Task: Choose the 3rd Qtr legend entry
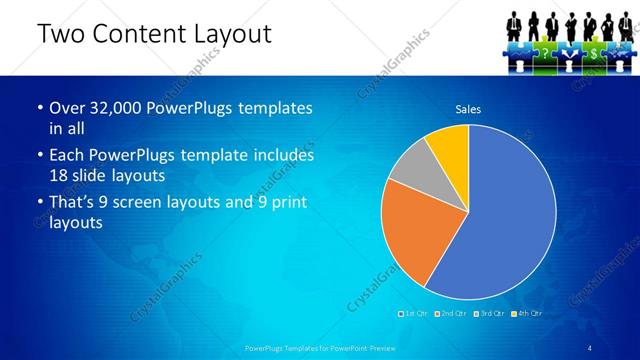pos(491,313)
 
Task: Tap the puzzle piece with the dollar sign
pos(594,51)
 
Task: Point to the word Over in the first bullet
pos(65,108)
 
